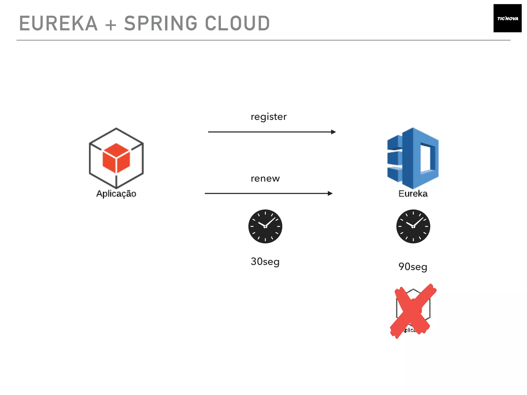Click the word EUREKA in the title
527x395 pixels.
click(x=58, y=23)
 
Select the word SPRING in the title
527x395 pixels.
click(x=161, y=23)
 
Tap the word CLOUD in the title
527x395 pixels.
click(x=237, y=23)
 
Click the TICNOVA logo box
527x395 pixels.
click(x=507, y=18)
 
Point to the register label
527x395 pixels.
click(x=269, y=117)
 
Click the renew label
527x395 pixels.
click(x=265, y=178)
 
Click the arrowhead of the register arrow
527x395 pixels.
click(x=333, y=132)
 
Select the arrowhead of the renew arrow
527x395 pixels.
click(x=330, y=193)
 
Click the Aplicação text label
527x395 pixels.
click(x=116, y=193)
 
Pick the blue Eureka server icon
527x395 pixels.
click(x=413, y=158)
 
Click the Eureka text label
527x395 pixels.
click(x=413, y=193)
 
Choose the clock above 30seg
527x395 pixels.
click(x=265, y=226)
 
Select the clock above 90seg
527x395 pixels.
click(x=413, y=226)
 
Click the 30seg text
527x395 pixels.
click(x=265, y=262)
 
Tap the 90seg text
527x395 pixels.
click(x=413, y=267)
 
